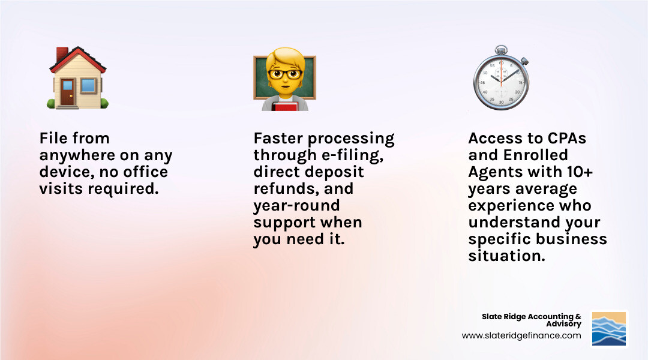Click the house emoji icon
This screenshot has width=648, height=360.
pyautogui.click(x=77, y=78)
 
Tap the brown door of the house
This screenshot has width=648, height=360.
pyautogui.click(x=68, y=92)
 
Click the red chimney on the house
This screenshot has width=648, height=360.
pyautogui.click(x=62, y=55)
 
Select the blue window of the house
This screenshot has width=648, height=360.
pyautogui.click(x=88, y=86)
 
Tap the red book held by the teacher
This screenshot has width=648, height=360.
pyautogui.click(x=284, y=106)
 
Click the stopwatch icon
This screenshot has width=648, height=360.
pyautogui.click(x=500, y=79)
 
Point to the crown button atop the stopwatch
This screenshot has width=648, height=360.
pyautogui.click(x=500, y=49)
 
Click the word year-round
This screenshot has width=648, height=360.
pyautogui.click(x=296, y=206)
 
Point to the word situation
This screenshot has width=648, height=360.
pyautogui.click(x=506, y=256)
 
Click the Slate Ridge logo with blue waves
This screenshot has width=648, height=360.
pyautogui.click(x=609, y=328)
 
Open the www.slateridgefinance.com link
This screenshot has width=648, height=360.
pyautogui.click(x=521, y=336)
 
